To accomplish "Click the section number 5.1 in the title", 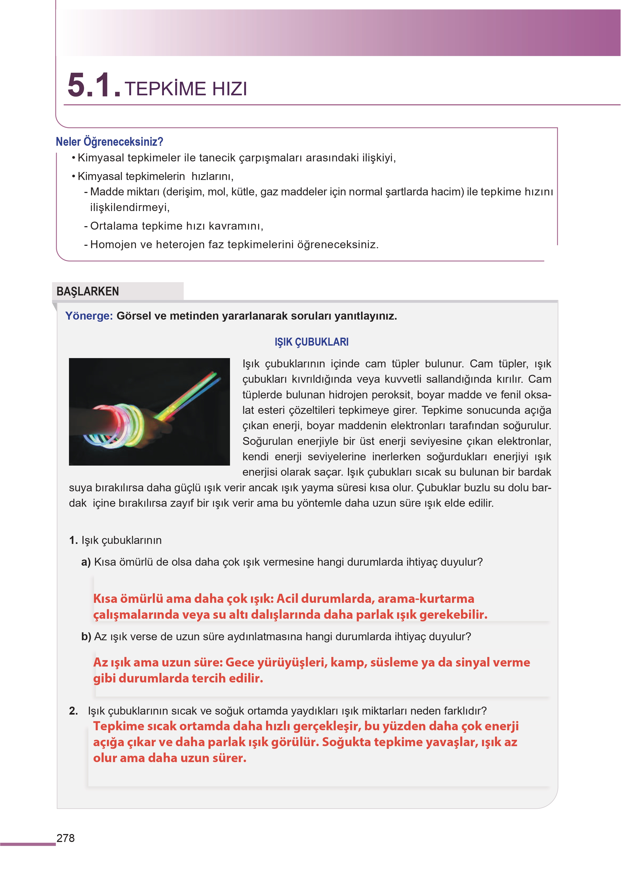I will click(x=93, y=85).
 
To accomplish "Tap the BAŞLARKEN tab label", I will click(x=88, y=291).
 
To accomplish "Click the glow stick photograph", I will click(x=149, y=411).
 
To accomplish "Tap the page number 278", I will click(x=66, y=838).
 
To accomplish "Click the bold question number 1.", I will click(x=73, y=540).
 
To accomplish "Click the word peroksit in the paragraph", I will click(x=389, y=395).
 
